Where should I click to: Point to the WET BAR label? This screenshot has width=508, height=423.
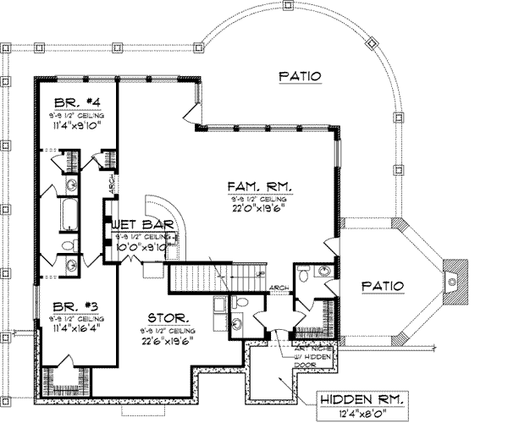[x=142, y=224]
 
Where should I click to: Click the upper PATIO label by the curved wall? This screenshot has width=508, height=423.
[x=301, y=76]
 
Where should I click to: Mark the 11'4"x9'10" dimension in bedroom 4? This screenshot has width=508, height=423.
[x=73, y=128]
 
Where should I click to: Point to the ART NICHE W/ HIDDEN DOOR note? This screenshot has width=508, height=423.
[x=305, y=348]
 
